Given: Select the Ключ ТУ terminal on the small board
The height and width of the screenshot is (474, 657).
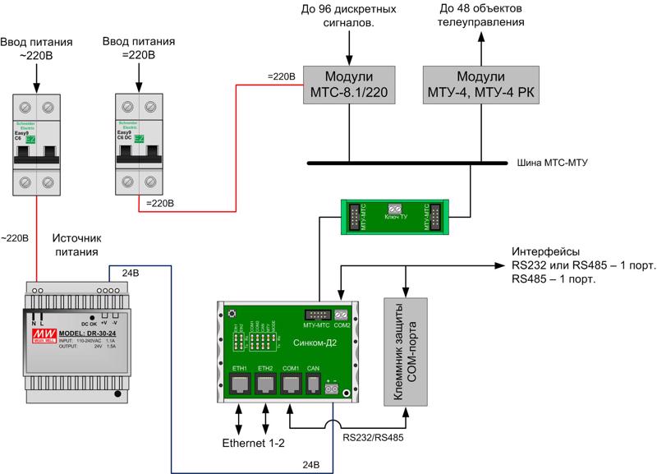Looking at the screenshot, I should pos(393,209).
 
